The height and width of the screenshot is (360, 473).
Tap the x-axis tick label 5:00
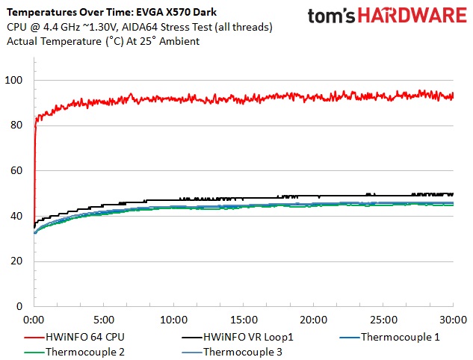[103, 319]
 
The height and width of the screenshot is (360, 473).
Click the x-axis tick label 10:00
[173, 319]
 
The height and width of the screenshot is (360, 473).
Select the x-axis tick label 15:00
[243, 319]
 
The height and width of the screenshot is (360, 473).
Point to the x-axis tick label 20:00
[313, 319]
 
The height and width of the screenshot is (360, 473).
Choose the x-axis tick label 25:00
[383, 319]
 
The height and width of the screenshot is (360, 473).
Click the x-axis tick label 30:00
[452, 319]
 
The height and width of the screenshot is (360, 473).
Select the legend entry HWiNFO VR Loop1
[248, 337]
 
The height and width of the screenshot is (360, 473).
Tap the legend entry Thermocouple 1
[400, 337]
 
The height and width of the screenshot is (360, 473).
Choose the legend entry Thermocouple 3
[243, 352]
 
